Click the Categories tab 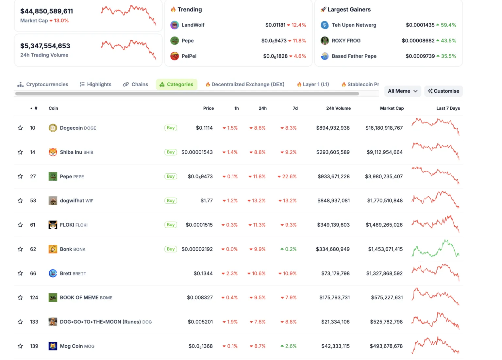pos(176,84)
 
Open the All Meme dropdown pos(402,91)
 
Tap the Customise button pos(443,91)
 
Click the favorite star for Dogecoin pos(20,128)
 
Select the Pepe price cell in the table pos(200,177)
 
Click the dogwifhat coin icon pos(53,201)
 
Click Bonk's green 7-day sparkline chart pos(435,249)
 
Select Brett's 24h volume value pos(335,273)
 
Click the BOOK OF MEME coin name pos(79,298)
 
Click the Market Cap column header pos(392,108)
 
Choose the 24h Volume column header pos(338,108)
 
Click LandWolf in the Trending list pos(193,25)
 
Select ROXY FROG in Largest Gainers pos(346,41)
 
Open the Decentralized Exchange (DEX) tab pos(245,84)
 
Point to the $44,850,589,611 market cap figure pos(47,11)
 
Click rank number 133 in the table pos(34,322)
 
